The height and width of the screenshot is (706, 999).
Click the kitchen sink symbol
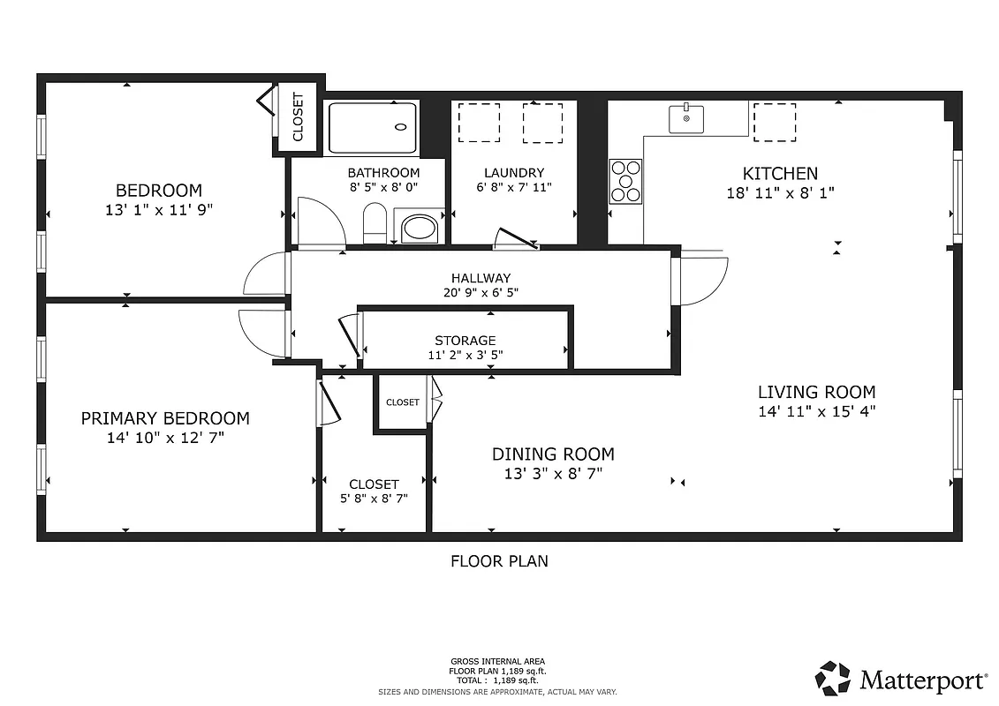coord(686,118)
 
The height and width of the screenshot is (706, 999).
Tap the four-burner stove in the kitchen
coord(625,182)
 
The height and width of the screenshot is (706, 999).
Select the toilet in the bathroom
coord(375,223)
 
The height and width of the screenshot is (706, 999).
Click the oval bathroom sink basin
coord(419,228)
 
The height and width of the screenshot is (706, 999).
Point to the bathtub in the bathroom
coord(373,128)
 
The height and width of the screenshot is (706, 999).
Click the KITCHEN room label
coord(780,174)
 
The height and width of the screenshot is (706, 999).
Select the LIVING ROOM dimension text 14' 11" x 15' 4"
coord(816,410)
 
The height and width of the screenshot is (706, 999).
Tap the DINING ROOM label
coord(553,454)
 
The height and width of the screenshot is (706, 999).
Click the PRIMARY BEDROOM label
coord(165,418)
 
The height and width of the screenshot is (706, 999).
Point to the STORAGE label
coord(465,341)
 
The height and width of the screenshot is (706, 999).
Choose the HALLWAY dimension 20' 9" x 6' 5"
coord(481,293)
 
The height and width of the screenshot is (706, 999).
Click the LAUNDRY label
coord(514,173)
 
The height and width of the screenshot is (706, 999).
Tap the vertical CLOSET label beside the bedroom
coord(298,117)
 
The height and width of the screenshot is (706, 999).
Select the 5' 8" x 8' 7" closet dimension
coord(374,499)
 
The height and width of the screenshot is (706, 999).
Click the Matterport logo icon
coord(832,679)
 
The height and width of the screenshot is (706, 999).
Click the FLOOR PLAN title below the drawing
coord(499,560)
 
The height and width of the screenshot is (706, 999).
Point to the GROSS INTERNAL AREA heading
coord(498,662)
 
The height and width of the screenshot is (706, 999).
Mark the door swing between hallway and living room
coord(700,281)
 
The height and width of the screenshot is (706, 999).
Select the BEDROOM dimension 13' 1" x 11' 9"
coord(159,209)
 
